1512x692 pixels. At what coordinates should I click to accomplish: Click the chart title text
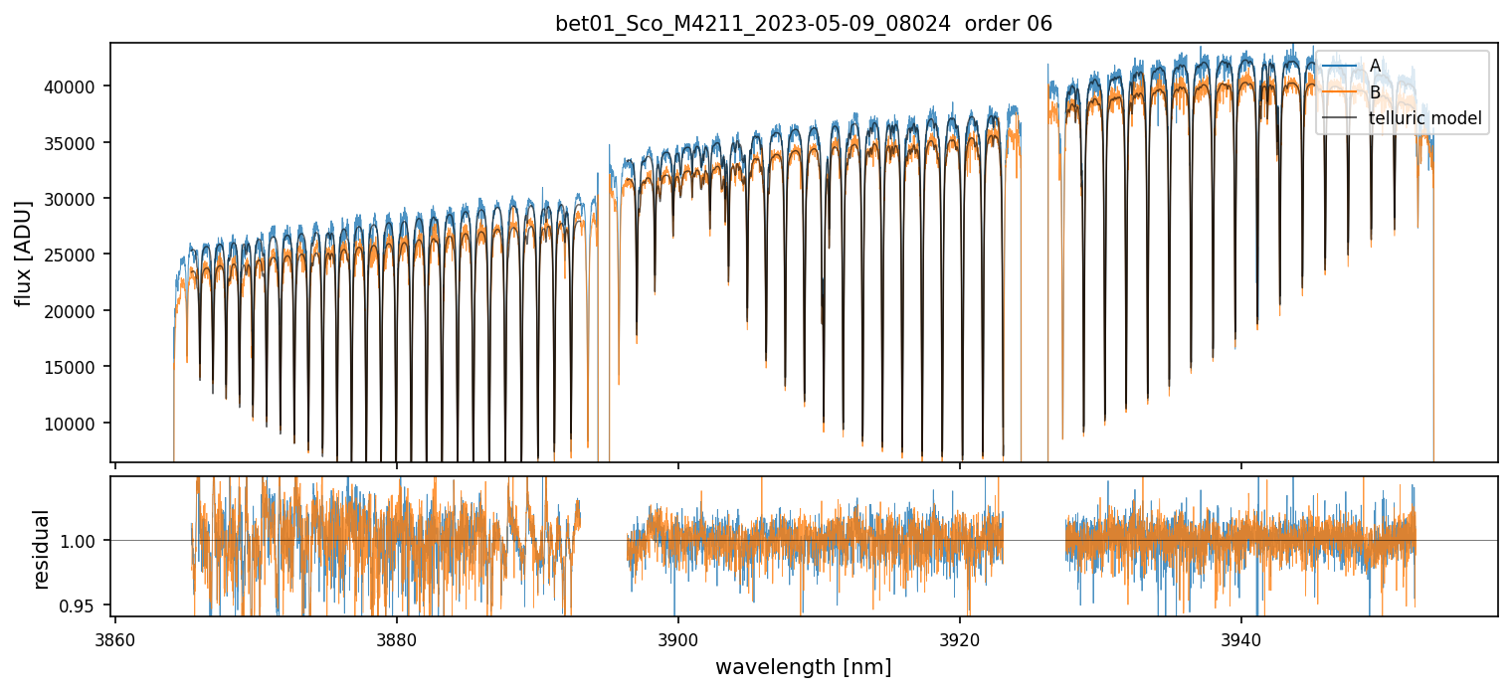coord(804,24)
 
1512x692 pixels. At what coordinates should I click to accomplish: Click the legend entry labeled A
coord(1375,66)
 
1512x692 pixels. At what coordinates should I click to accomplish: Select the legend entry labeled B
coord(1375,92)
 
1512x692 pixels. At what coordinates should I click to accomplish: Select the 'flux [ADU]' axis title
coord(23,254)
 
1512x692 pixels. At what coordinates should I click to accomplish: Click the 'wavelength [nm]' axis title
coord(804,666)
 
